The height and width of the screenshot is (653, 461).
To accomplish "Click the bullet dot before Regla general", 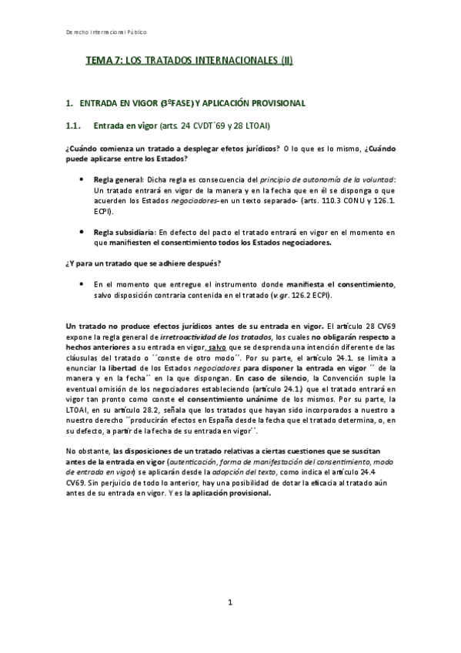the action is (83, 178).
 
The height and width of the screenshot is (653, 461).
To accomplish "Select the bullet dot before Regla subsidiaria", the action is (83, 232).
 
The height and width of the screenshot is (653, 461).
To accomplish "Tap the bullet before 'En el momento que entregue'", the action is (83, 285).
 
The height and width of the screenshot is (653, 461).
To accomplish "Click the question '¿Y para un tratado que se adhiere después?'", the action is (132, 264).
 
